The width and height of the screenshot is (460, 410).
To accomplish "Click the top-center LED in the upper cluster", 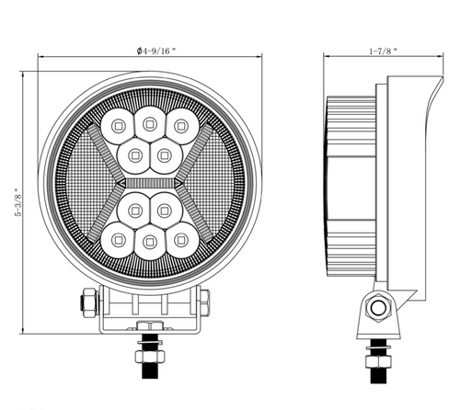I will pos(148,119).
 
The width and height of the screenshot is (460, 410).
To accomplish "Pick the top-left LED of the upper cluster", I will pos(118,123).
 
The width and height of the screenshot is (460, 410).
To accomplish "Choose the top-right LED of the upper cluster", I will pos(178,123).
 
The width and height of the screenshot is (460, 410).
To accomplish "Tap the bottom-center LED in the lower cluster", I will pos(148,243).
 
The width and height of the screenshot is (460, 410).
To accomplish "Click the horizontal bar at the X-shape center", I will pos(148,181).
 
